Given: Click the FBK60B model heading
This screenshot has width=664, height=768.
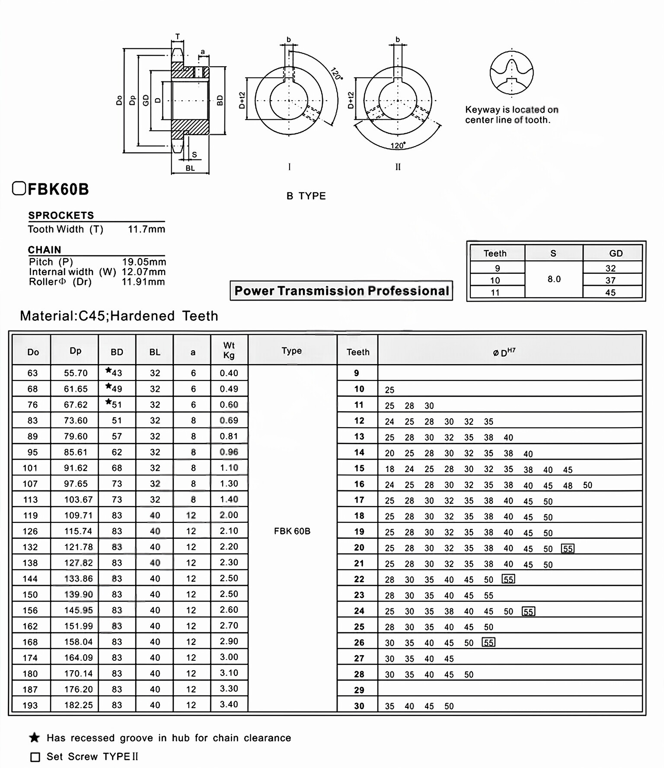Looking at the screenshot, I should pos(57,189).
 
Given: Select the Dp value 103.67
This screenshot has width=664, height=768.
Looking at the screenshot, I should pos(78,499).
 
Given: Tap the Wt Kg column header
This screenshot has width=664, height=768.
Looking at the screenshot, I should pos(229,350).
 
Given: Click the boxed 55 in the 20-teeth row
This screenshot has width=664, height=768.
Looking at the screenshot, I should pos(568,549).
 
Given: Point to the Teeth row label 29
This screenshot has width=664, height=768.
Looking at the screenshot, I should pos(359,690).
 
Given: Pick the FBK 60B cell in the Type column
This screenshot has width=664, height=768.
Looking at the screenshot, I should pos(292,531).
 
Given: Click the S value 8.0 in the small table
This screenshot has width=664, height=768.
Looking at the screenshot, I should pos(554,279).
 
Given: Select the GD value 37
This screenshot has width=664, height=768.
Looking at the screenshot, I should pos(610,280).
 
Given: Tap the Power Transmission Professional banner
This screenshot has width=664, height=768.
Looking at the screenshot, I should pos(341,291).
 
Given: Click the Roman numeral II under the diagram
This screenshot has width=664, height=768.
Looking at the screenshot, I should pos(398,167).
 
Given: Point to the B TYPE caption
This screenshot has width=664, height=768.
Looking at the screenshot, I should pos(306,196).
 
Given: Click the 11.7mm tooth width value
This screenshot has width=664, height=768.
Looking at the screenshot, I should pos(146,229).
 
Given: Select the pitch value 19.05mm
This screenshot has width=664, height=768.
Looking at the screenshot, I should pos(144,262).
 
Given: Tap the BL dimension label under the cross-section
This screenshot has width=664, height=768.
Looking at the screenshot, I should pos(190,168).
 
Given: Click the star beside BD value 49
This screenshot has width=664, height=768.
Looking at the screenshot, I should pos(109,386).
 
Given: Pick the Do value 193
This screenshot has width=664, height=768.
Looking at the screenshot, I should pos(30,705).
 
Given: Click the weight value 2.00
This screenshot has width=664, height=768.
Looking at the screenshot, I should pos(229,515).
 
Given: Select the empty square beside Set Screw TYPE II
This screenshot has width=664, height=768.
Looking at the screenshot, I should pos(35,757).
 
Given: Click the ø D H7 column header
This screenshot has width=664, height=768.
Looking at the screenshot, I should pos(504,352).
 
